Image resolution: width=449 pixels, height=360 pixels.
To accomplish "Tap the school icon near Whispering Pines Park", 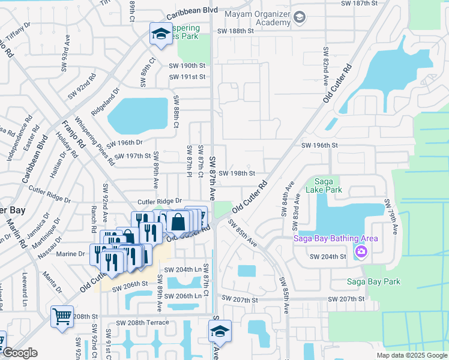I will (160, 35).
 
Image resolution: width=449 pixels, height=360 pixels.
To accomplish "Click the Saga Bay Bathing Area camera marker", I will (360, 251).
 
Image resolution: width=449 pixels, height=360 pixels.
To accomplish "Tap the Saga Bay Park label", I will (372, 281).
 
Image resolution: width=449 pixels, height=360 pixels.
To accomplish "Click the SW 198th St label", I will (237, 173).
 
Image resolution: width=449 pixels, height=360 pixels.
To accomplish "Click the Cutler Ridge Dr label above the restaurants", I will (159, 202).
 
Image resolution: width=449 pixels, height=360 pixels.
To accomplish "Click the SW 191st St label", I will (187, 77).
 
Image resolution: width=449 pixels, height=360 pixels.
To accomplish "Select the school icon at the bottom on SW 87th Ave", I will (220, 331).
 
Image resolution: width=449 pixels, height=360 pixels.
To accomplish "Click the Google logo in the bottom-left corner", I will (20, 353).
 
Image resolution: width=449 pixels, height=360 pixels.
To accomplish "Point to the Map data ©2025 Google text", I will (411, 355).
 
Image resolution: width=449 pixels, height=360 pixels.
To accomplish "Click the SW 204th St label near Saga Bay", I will (328, 257).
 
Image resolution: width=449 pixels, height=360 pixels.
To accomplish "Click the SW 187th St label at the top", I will (360, 3).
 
